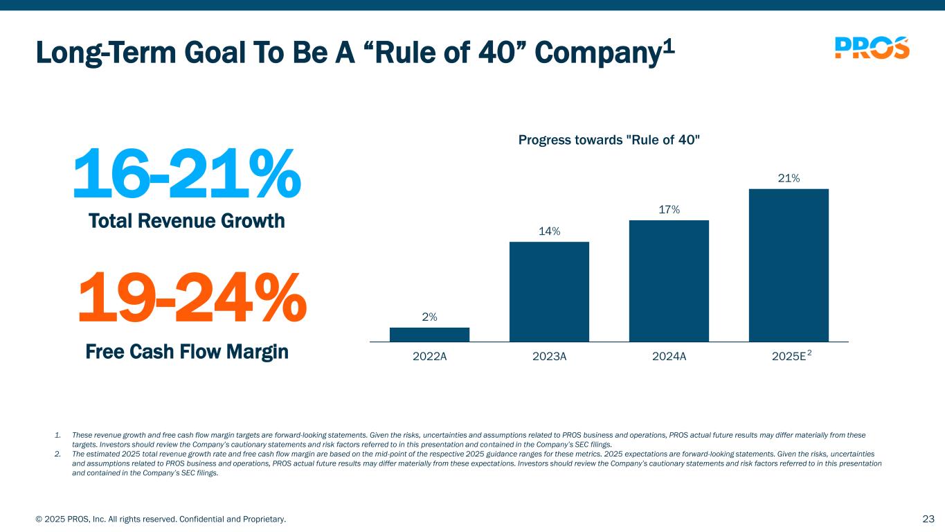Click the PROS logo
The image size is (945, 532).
click(x=872, y=48)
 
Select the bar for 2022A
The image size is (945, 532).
click(x=429, y=335)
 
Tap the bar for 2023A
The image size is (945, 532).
click(x=549, y=292)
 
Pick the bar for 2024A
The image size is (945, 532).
click(x=669, y=281)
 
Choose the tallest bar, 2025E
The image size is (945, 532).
click(x=789, y=265)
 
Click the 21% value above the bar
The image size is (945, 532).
click(x=789, y=179)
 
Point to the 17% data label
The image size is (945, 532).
click(x=669, y=209)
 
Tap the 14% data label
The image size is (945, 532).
click(x=549, y=231)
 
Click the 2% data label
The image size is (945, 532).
click(x=429, y=317)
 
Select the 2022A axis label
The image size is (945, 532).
click(x=429, y=357)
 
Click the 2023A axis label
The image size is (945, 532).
click(x=549, y=357)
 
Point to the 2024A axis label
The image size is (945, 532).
click(x=669, y=357)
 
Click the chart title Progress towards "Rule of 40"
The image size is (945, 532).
click(x=609, y=141)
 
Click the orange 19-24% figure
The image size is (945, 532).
click(x=191, y=299)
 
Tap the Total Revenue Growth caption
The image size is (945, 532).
click(x=187, y=222)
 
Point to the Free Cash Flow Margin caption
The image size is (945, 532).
click(x=187, y=352)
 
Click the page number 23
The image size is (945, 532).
click(x=928, y=519)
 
